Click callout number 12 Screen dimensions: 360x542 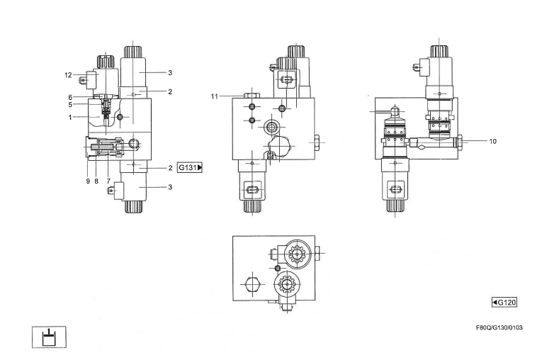pyautogui.click(x=68, y=74)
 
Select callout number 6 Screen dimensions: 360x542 pyautogui.click(x=70, y=97)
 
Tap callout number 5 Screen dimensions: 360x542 pyautogui.click(x=70, y=105)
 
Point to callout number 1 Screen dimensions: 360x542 pyautogui.click(x=70, y=117)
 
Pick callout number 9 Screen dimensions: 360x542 pyautogui.click(x=87, y=181)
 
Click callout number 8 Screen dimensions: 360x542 pyautogui.click(x=96, y=181)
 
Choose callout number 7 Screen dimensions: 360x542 pyautogui.click(x=108, y=181)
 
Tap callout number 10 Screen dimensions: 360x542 pyautogui.click(x=492, y=141)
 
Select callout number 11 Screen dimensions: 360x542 pyautogui.click(x=214, y=96)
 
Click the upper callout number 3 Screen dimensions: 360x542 pyautogui.click(x=170, y=72)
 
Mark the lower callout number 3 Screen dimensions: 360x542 pyautogui.click(x=170, y=187)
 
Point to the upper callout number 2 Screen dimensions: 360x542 pyautogui.click(x=170, y=91)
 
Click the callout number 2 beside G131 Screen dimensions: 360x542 pyautogui.click(x=170, y=168)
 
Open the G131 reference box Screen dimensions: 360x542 pyautogui.click(x=190, y=168)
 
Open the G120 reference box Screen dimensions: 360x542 pyautogui.click(x=504, y=302)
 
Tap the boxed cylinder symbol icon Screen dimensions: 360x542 pyautogui.click(x=48, y=337)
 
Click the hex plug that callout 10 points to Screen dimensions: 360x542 pyautogui.click(x=461, y=142)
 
